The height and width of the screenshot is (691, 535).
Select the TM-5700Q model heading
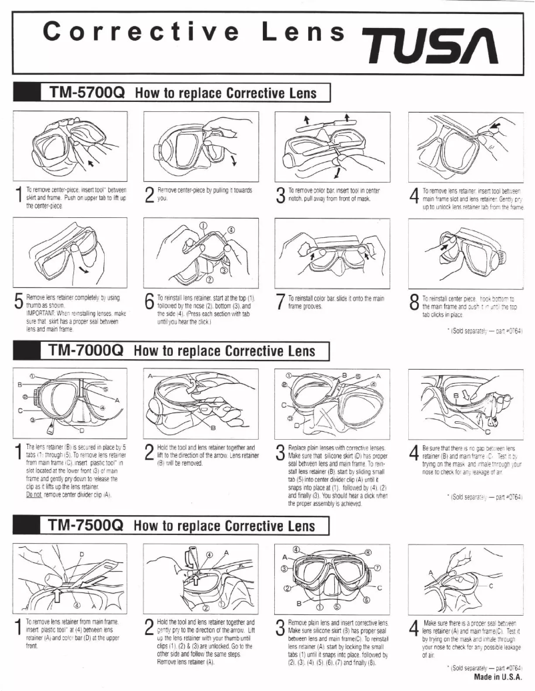coord(84,93)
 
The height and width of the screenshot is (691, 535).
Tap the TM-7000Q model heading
coord(84,349)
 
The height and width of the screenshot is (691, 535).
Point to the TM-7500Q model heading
coord(84,524)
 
